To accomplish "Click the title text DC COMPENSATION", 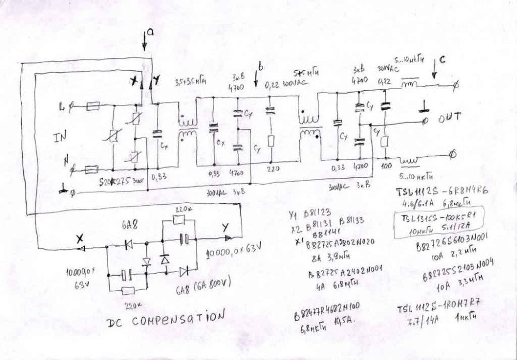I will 166,321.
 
